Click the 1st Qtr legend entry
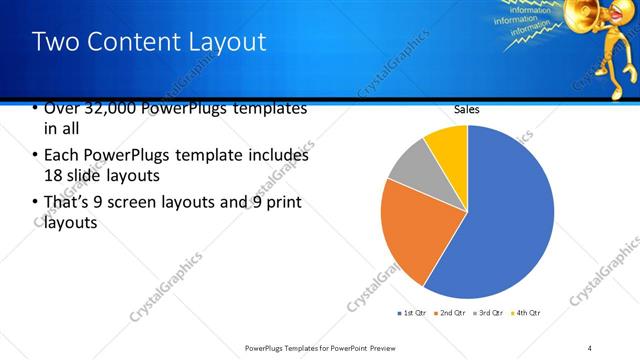(x=412, y=313)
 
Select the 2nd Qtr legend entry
(x=450, y=313)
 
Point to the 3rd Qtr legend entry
(x=488, y=313)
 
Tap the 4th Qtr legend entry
(x=526, y=313)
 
